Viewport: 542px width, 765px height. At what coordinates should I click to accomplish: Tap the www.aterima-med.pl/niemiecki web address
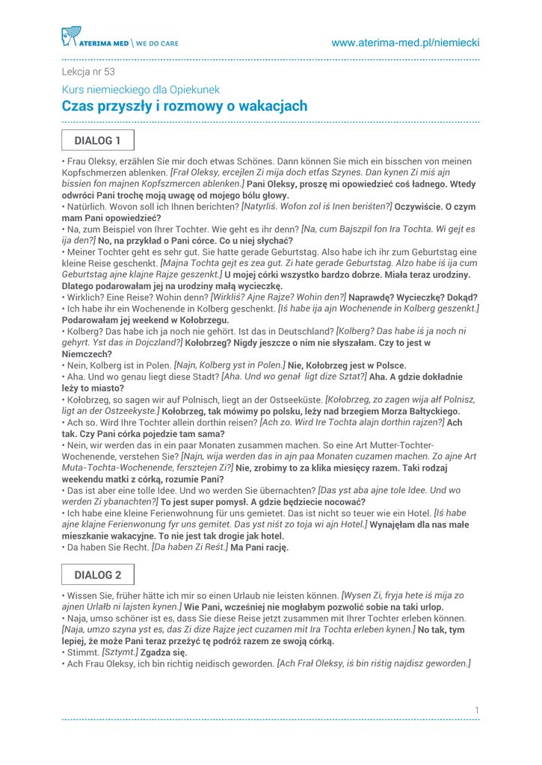coord(405,43)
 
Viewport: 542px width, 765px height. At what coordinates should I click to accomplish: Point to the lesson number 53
coord(110,72)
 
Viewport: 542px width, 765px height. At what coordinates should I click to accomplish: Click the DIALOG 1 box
coord(97,140)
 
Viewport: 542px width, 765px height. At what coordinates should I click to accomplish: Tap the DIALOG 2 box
coord(97,574)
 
